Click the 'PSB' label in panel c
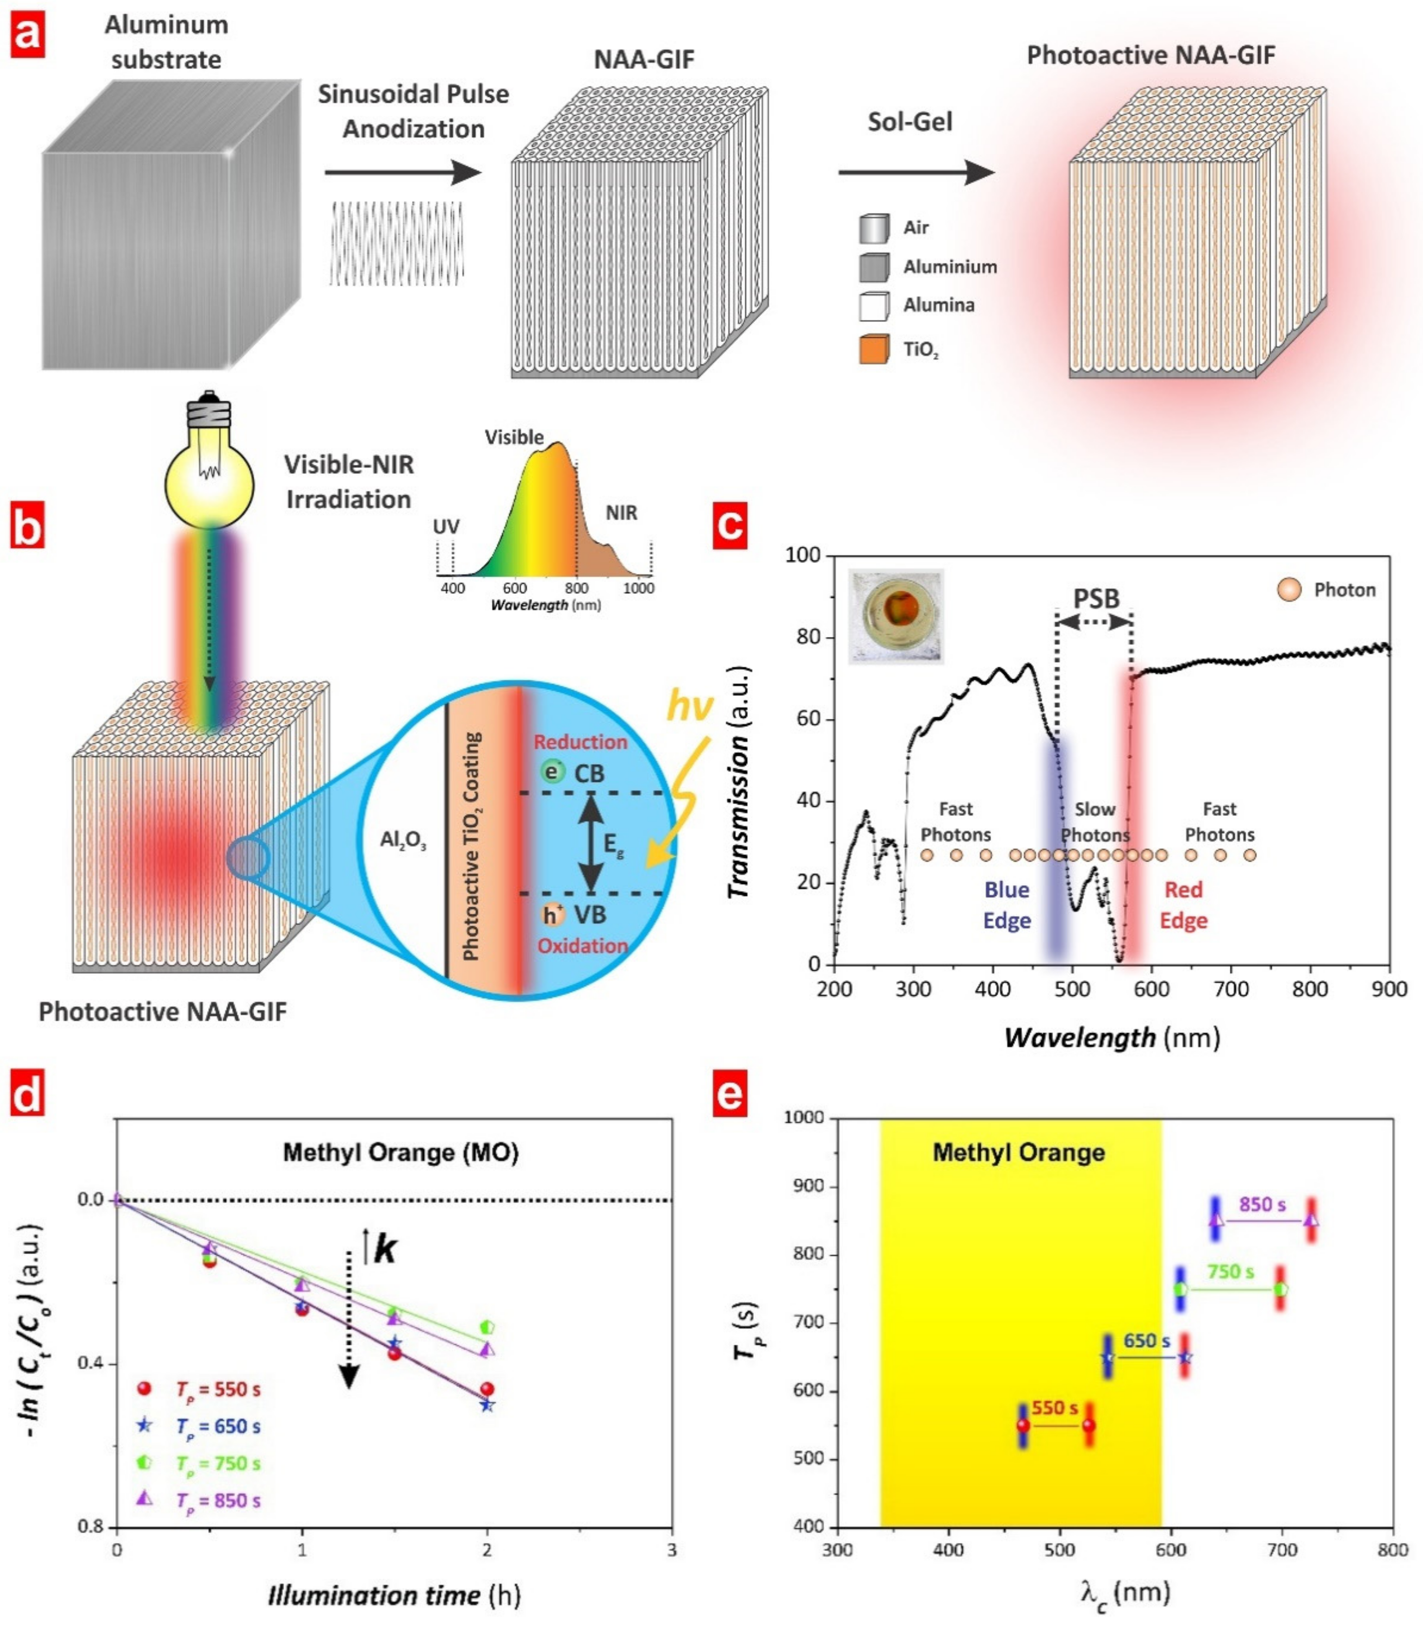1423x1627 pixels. (1096, 599)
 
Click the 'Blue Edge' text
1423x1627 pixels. (1007, 904)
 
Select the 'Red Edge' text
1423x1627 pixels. (1183, 904)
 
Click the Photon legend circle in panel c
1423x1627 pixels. (1289, 589)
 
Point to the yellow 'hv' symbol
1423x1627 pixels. (689, 705)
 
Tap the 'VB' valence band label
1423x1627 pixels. (590, 915)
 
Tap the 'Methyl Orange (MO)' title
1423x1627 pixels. (401, 1152)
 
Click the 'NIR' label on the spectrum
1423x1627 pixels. (621, 513)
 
